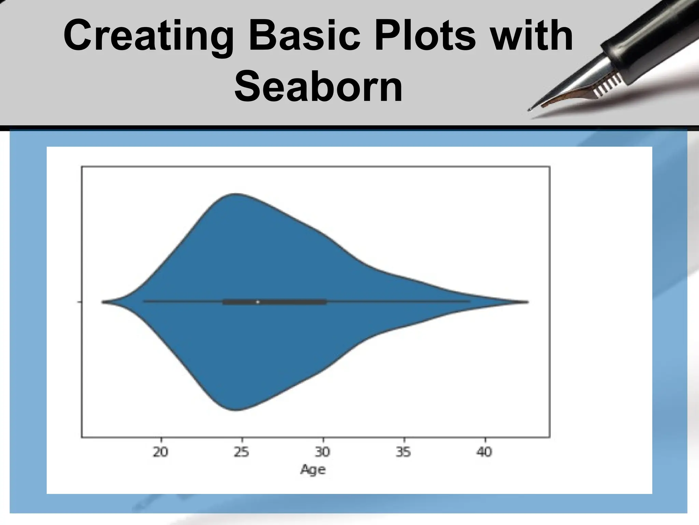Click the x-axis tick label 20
pos(161,452)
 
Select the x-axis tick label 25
pos(242,452)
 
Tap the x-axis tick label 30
pos(323,452)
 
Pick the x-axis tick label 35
pos(403,452)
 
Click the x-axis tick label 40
pos(484,452)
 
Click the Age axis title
pos(313,470)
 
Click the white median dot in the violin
pos(258,302)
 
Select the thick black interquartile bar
pos(294,302)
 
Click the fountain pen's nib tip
pos(530,110)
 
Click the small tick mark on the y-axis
pos(80,302)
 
